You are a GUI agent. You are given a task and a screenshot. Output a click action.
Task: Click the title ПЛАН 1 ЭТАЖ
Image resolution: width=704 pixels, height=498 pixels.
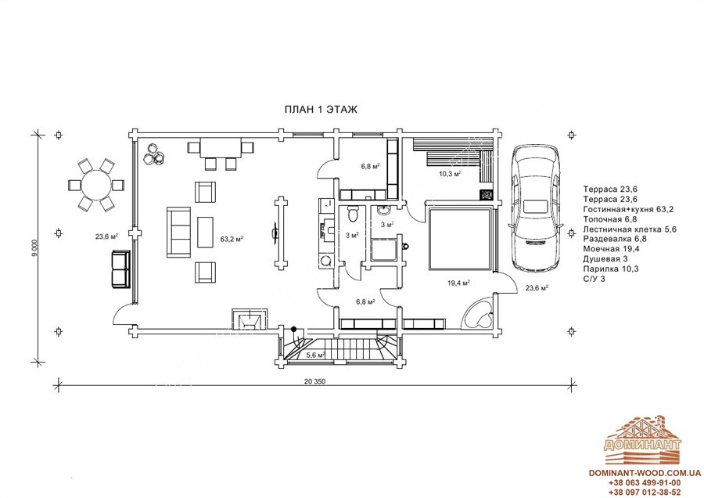(x=321, y=110)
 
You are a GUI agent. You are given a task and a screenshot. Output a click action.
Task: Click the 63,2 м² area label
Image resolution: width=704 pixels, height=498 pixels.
(x=232, y=239)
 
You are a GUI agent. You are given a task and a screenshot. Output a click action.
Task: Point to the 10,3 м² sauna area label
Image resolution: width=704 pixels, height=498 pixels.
(x=451, y=173)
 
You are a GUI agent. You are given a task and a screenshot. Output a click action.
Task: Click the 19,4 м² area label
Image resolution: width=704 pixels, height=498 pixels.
(x=458, y=283)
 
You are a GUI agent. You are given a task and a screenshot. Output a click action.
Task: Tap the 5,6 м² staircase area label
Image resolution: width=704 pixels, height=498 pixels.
(x=316, y=355)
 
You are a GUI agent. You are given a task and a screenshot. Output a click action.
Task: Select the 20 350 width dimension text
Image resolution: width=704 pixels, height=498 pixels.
(x=314, y=381)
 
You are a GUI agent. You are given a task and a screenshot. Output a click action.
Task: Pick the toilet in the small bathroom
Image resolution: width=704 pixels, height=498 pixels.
(x=353, y=214)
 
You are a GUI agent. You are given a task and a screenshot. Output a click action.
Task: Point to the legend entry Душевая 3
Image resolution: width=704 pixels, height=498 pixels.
(x=605, y=259)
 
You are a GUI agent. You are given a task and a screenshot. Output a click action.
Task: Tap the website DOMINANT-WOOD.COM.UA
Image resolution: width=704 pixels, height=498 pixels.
(x=645, y=473)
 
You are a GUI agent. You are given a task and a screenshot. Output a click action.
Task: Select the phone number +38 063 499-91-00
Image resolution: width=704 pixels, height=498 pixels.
(x=645, y=482)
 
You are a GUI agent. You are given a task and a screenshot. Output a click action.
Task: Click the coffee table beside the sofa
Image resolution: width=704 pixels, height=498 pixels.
(x=205, y=232)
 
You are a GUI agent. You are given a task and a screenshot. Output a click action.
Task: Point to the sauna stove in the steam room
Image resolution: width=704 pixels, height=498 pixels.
(x=487, y=195)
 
